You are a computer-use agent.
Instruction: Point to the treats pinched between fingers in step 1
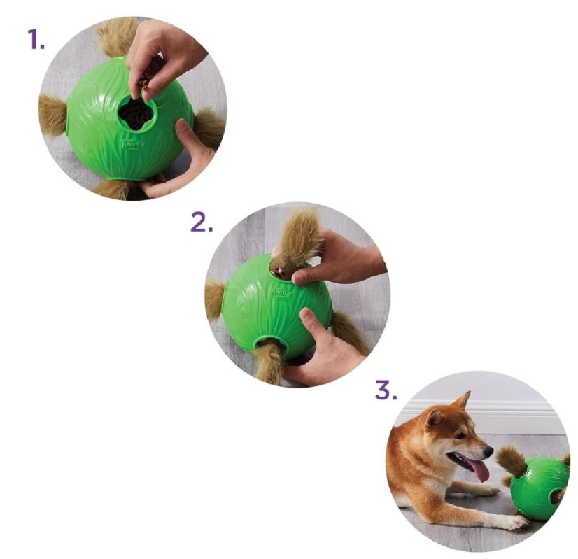tap(145, 83)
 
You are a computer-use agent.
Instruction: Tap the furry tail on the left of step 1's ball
tap(52, 115)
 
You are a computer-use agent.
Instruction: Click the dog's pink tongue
tap(480, 470)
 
